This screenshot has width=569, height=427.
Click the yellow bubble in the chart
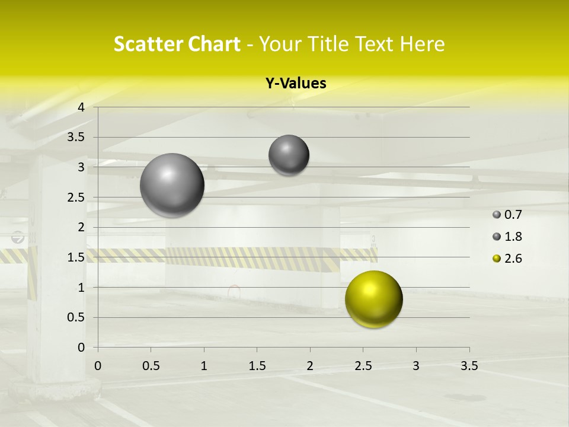[373, 299]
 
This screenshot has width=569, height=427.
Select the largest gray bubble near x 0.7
[172, 185]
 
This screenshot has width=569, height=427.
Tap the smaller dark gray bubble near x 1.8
[289, 155]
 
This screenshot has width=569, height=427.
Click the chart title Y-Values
[296, 84]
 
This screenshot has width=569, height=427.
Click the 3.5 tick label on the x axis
[469, 366]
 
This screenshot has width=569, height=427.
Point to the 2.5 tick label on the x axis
[363, 366]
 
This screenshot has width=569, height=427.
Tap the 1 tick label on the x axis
[204, 366]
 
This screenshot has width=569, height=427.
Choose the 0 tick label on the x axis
[98, 366]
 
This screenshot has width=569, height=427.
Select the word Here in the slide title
[423, 44]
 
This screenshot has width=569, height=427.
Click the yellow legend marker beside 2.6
[497, 259]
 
